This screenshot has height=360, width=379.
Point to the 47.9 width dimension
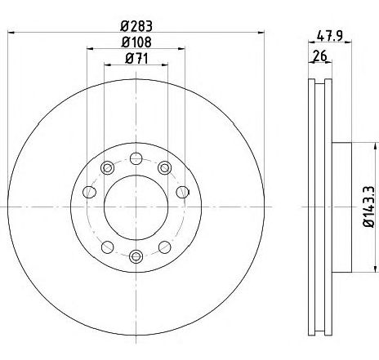click(x=328, y=36)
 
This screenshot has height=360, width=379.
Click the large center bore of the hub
click(x=136, y=207)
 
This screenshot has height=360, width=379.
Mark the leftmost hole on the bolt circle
click(x=89, y=193)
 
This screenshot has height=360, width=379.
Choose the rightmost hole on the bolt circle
click(x=182, y=193)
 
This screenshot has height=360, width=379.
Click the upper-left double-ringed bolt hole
click(x=106, y=168)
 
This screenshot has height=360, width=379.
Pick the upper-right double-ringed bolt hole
click(x=165, y=168)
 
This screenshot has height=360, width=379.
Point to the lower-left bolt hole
click(x=107, y=247)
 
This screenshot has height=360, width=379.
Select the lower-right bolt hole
click(x=164, y=247)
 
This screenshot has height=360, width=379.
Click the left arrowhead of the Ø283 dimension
click(x=10, y=32)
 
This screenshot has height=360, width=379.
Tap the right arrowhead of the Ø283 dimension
click(x=261, y=32)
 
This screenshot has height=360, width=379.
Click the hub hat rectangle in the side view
click(x=341, y=207)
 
